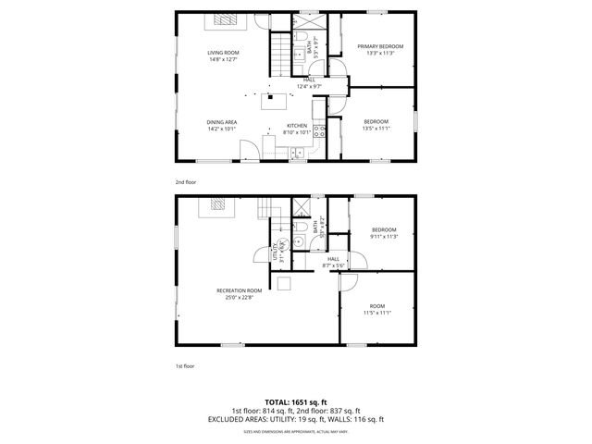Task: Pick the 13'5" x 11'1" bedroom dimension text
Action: (376, 129)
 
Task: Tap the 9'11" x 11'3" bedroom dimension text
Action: (384, 236)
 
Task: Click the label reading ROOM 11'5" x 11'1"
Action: (376, 309)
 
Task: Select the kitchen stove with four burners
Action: (319, 130)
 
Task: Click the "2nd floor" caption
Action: (186, 182)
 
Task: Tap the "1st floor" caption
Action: (185, 365)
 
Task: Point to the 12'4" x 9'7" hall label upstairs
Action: (308, 83)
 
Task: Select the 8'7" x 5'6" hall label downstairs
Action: (332, 263)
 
